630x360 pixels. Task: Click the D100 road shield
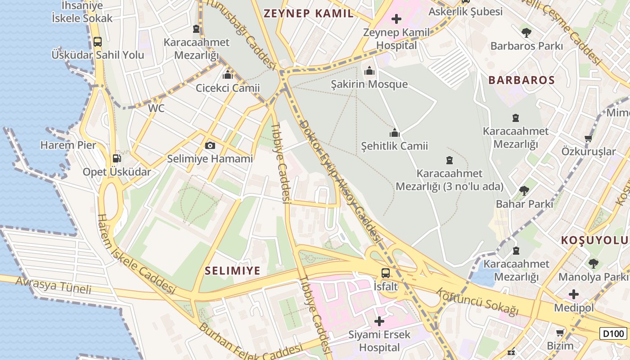point(613,333)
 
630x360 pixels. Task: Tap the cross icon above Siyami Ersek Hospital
point(379,321)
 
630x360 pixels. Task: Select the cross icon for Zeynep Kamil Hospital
point(396,19)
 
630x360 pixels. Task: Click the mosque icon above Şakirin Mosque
point(369,71)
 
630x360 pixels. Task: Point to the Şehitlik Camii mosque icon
point(395,133)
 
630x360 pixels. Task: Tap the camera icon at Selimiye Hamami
point(210,145)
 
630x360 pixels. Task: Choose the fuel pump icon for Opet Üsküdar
point(117,158)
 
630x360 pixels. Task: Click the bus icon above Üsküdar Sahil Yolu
point(97,42)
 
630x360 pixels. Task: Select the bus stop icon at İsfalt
point(386,273)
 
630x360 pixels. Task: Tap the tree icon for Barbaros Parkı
point(526,32)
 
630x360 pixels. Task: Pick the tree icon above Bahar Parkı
point(524,190)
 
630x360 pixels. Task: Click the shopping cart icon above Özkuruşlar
point(588,139)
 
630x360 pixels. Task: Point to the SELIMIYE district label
point(233,270)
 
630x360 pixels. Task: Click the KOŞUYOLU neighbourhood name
point(594,240)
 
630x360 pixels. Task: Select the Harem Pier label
point(68,145)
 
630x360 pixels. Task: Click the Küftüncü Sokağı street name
point(477,301)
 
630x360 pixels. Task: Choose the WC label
point(156,108)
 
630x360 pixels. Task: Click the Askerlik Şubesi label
point(465,12)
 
